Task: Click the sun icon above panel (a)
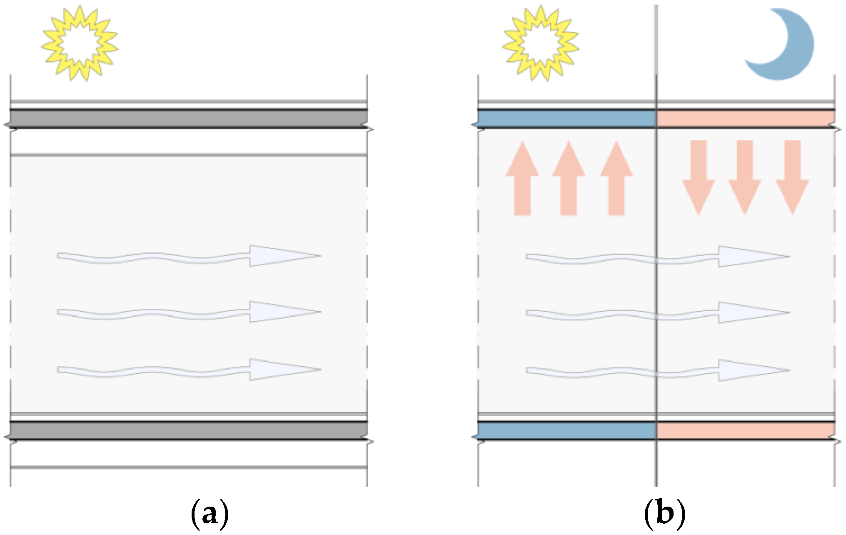click(x=80, y=43)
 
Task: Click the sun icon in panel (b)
click(x=540, y=43)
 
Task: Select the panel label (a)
click(x=210, y=513)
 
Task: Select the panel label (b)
click(x=664, y=513)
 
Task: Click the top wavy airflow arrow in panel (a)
click(x=190, y=256)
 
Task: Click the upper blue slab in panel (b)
click(x=566, y=119)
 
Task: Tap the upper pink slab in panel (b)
click(x=746, y=119)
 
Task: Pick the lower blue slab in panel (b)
click(x=566, y=431)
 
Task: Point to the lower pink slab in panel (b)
click(x=746, y=431)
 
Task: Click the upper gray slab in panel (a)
click(x=189, y=119)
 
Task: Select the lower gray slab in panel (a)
click(x=189, y=431)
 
